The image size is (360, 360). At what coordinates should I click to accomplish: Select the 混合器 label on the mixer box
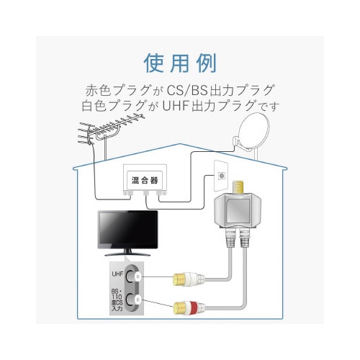click(x=146, y=178)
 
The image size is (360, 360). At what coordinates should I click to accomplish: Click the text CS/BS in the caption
click(x=181, y=91)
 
